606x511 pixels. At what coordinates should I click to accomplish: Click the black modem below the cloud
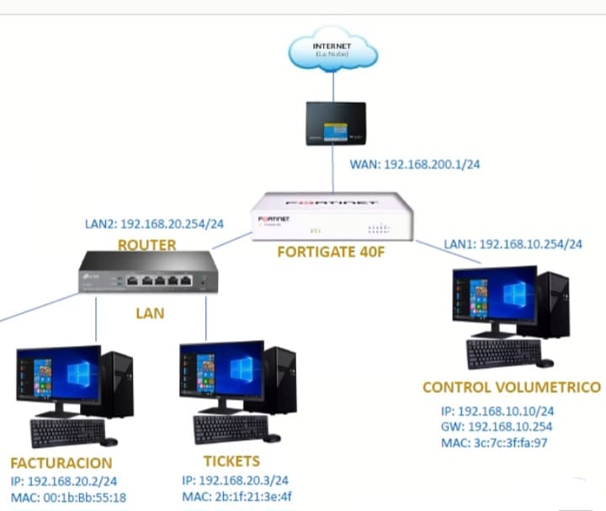[x=335, y=123]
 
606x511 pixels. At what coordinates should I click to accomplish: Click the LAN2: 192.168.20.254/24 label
[x=155, y=225]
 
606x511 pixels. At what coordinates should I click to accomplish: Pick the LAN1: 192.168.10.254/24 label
[x=513, y=244]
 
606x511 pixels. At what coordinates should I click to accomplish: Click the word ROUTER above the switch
[x=147, y=245]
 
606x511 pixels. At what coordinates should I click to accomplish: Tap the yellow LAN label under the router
[x=151, y=313]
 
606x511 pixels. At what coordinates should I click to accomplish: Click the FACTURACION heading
[x=61, y=463]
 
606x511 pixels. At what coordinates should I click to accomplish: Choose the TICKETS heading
[x=231, y=461]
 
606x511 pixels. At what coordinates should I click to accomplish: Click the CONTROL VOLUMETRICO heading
[x=512, y=388]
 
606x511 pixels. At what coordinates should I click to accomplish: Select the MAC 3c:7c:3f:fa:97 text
[x=494, y=443]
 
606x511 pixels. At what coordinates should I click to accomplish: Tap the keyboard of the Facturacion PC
[x=67, y=431]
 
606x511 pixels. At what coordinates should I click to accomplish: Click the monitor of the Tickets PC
[x=221, y=373]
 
